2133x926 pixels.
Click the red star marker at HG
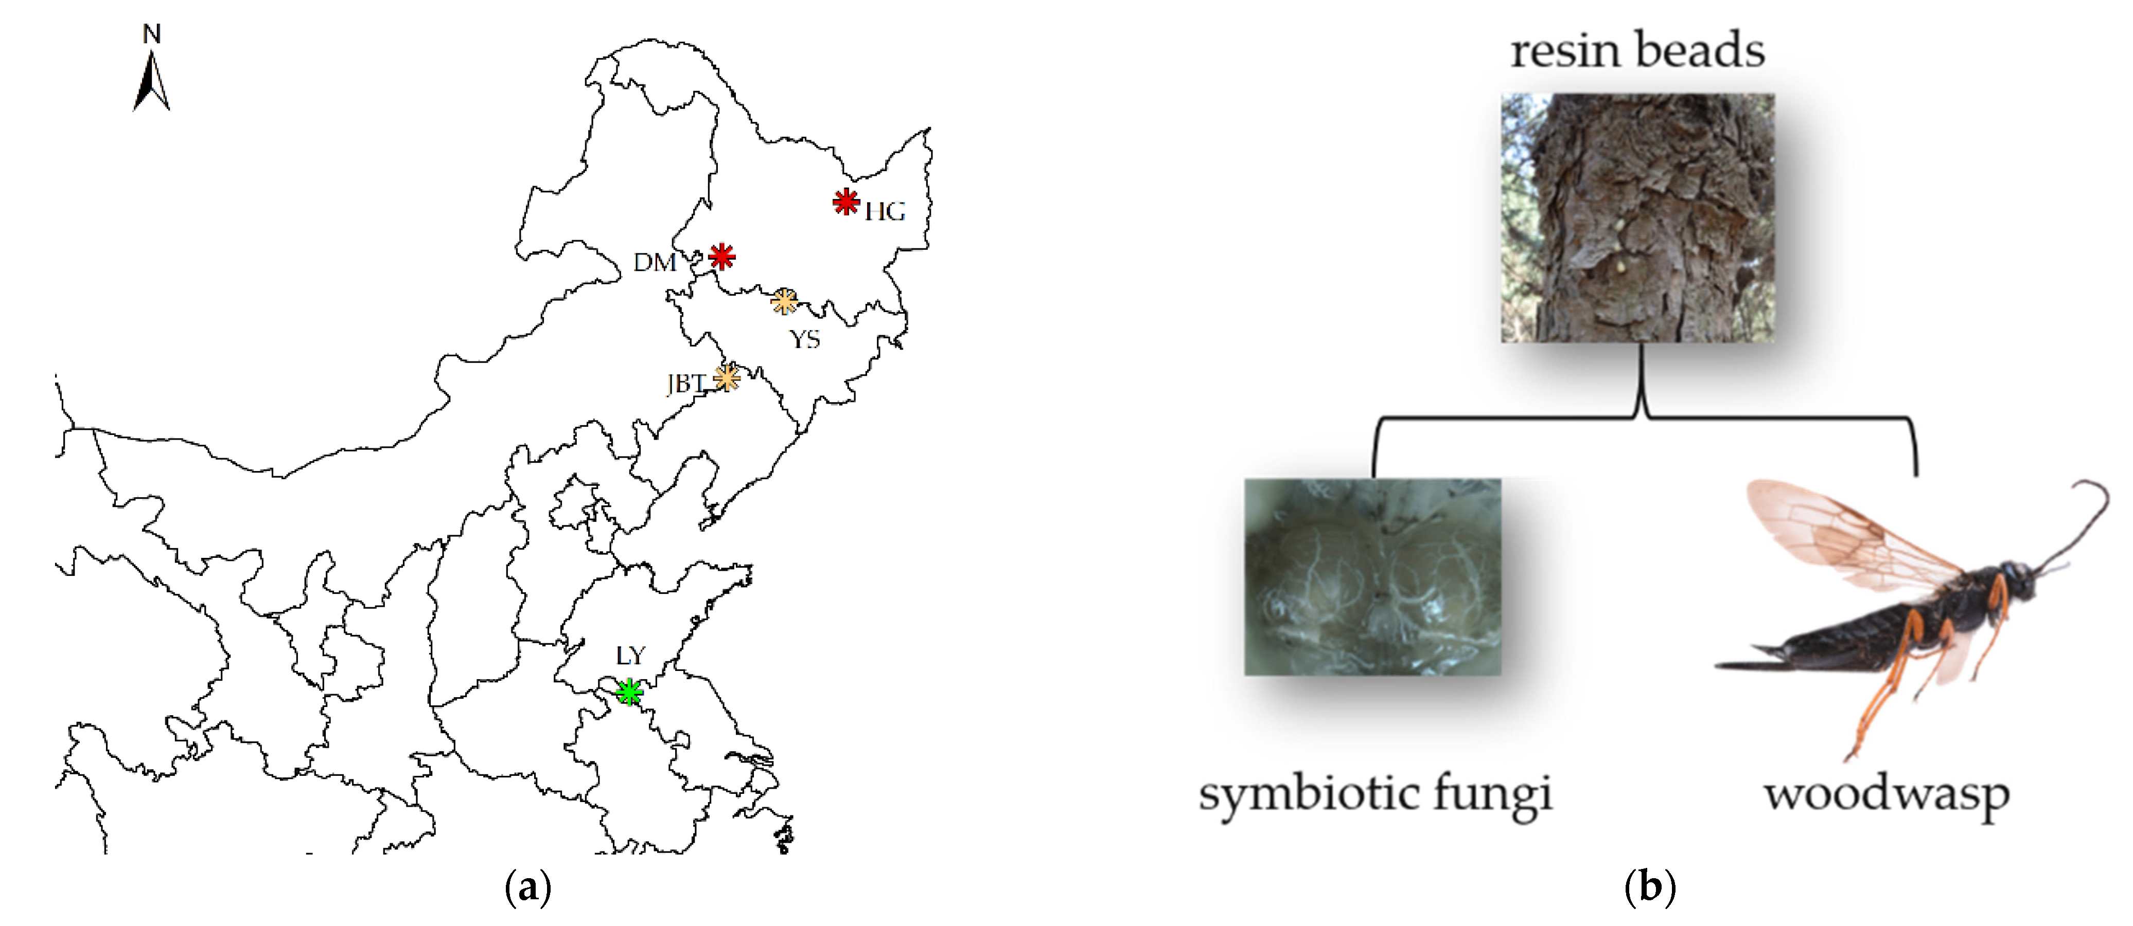[845, 202]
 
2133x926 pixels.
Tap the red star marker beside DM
[722, 257]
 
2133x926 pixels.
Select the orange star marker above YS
[783, 302]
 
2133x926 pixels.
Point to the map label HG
[885, 212]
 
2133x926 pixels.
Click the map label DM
[654, 263]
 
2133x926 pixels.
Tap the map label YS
[804, 339]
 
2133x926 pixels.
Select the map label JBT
[686, 383]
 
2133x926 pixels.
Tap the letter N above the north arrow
[151, 34]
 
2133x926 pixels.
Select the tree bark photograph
[1637, 217]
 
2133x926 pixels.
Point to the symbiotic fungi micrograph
[1372, 577]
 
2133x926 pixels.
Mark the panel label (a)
[527, 888]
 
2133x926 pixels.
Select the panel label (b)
[1649, 888]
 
